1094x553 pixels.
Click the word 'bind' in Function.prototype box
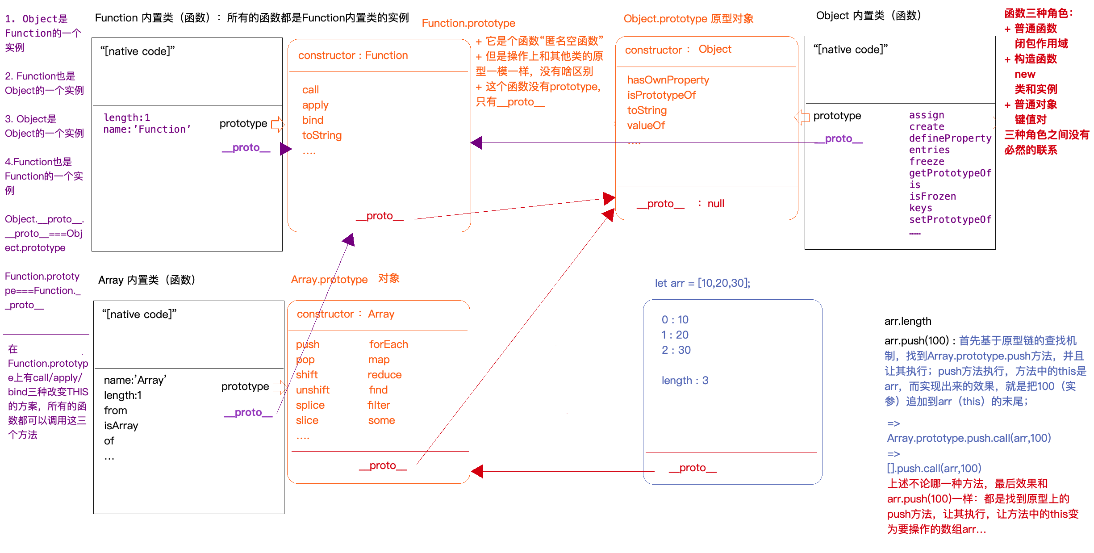tap(313, 120)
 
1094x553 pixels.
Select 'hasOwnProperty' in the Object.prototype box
tap(668, 80)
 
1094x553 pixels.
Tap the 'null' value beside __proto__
tap(715, 204)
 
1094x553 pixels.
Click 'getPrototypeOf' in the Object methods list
tap(950, 173)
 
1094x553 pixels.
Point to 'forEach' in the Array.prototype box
tap(388, 344)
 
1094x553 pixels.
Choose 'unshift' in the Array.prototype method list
tap(313, 390)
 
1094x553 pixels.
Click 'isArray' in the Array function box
tap(121, 426)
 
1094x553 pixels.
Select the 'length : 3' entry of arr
tap(685, 381)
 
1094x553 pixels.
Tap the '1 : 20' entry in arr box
tap(675, 335)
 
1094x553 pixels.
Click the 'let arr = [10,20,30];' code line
tap(702, 283)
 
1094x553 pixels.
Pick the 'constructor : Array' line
tap(345, 314)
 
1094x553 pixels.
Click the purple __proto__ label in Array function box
tap(248, 412)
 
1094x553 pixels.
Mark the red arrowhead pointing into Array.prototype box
tap(477, 471)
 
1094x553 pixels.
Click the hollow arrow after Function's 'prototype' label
tap(277, 124)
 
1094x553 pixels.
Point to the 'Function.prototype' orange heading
tap(468, 23)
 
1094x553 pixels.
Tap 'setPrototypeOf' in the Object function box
tap(950, 220)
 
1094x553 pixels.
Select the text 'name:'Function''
tap(147, 130)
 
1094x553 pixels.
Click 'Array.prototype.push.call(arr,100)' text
tap(969, 438)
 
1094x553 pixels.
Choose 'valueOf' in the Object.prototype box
tap(646, 126)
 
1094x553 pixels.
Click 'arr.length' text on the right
tap(907, 321)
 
